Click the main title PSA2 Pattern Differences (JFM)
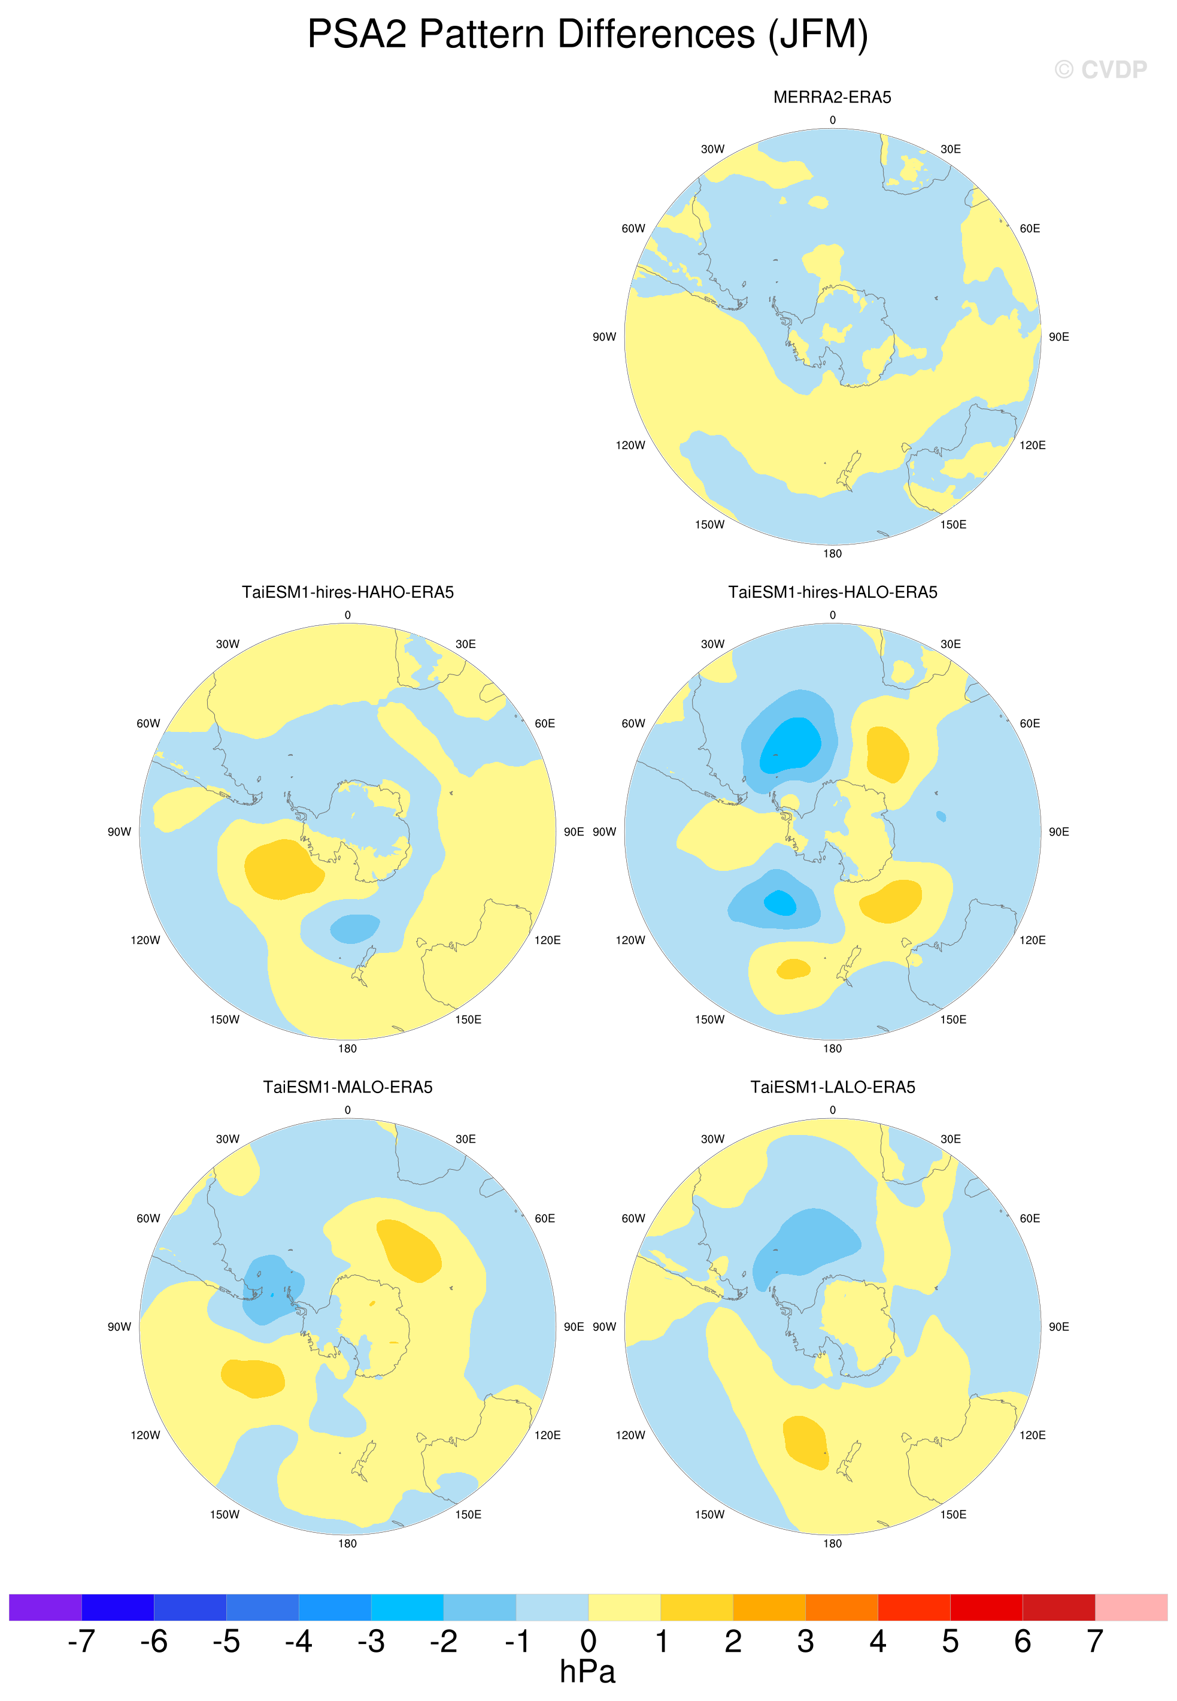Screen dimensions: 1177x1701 pos(588,35)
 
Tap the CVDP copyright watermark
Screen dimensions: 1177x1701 pos(1100,69)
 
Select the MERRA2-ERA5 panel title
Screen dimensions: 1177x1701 pos(832,98)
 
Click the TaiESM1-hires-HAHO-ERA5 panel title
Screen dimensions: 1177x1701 pos(347,592)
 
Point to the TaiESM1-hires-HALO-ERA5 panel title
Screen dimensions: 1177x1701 pos(833,592)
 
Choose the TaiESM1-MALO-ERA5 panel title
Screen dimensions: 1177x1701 pos(347,1087)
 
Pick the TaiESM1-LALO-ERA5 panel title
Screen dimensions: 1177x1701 pos(833,1087)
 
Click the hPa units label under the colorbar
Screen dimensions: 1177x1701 pos(587,1672)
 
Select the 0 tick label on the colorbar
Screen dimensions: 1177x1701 pos(588,1641)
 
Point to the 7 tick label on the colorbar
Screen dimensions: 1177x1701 pos(1094,1641)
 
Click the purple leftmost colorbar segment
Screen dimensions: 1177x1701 pos(45,1608)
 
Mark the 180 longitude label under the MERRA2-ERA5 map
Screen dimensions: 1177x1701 pos(832,553)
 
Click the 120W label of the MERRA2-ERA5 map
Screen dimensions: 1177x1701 pos(630,445)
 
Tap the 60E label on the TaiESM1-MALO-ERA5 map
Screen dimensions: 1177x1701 pos(544,1219)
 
